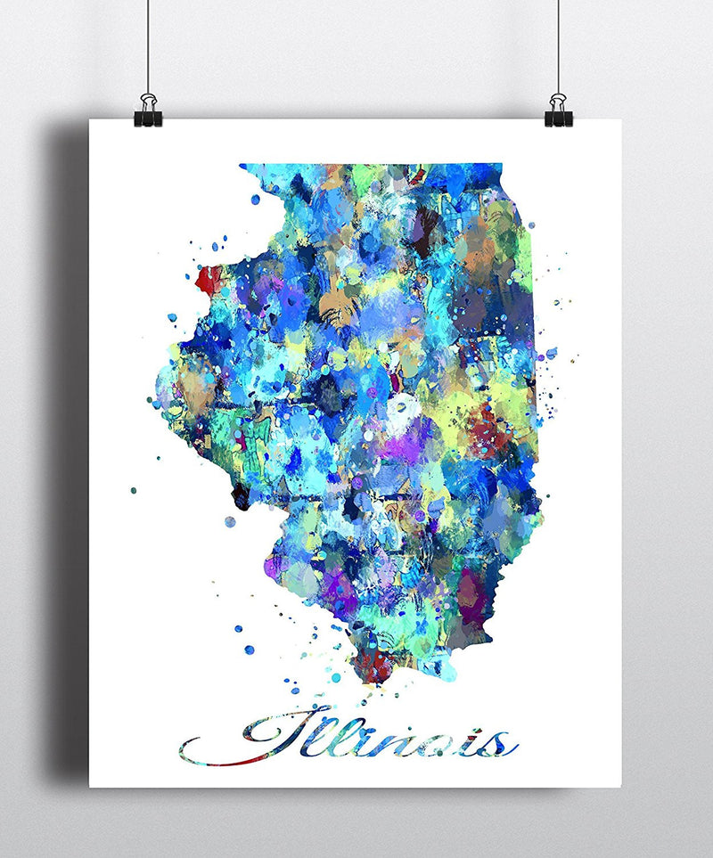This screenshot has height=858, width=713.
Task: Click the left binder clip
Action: click(148, 110)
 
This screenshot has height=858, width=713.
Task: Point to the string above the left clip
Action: click(147, 45)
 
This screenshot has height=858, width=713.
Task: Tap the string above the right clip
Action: click(558, 45)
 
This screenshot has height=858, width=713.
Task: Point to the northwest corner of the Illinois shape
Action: click(242, 167)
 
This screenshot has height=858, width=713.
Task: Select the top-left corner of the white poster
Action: click(90, 120)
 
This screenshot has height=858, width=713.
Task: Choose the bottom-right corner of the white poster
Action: click(621, 786)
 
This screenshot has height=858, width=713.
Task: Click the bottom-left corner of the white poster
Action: click(90, 786)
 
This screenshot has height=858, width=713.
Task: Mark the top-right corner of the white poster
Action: click(621, 120)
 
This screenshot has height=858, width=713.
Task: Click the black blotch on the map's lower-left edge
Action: click(240, 493)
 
